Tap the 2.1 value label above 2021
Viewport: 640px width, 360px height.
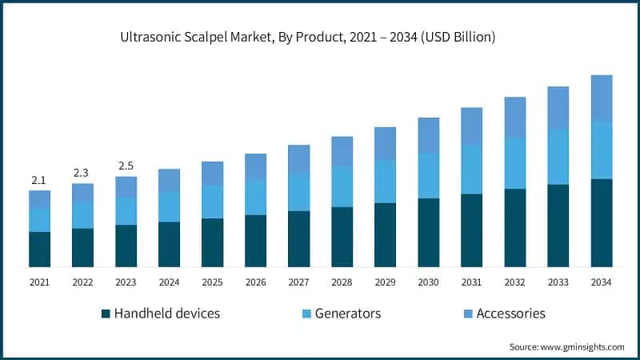click(x=39, y=180)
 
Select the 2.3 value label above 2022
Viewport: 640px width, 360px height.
click(x=82, y=173)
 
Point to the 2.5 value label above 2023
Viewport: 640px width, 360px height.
click(x=126, y=166)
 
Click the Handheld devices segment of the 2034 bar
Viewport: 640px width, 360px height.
click(x=601, y=222)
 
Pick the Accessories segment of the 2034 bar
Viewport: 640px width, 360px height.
click(x=601, y=98)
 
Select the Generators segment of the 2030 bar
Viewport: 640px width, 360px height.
click(x=428, y=175)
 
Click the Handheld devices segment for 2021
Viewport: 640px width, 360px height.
click(x=39, y=249)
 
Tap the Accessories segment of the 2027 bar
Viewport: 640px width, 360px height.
click(x=298, y=158)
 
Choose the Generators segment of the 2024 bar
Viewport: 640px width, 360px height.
click(x=169, y=206)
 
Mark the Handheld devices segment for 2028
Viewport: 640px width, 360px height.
click(x=342, y=237)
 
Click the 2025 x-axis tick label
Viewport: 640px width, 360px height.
click(x=212, y=282)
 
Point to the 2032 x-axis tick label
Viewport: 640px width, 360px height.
click(x=514, y=282)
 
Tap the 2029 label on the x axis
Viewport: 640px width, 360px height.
click(x=385, y=282)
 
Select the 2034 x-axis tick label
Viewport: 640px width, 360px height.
click(x=601, y=282)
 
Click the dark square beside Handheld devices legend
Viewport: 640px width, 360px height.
click(x=106, y=314)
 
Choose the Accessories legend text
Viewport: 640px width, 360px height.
click(x=510, y=314)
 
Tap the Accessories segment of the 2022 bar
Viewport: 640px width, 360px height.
click(x=82, y=193)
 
